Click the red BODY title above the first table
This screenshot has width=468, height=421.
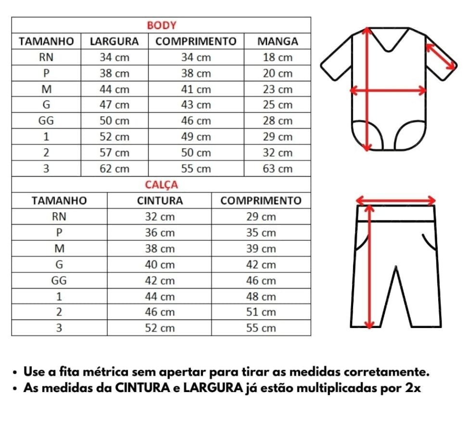tap(162, 25)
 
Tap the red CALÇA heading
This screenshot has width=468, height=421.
tap(162, 184)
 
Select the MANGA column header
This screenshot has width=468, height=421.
tap(278, 41)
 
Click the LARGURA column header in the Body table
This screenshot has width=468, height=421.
tap(114, 41)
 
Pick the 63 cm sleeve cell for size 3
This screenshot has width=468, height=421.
tap(278, 169)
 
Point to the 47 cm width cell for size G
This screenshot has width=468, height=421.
tap(114, 105)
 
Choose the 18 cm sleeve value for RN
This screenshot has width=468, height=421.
tap(278, 57)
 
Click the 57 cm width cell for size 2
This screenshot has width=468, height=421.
tap(114, 153)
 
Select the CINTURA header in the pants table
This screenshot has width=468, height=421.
tap(160, 200)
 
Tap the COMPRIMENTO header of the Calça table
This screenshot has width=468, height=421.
tap(261, 200)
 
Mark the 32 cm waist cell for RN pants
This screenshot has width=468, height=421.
tap(160, 217)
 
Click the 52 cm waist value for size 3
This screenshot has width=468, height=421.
tap(160, 328)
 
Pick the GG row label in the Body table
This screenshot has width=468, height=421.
tap(46, 121)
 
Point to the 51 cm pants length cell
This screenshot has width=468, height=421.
tap(261, 312)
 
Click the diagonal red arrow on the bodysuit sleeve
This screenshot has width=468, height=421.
tap(440, 56)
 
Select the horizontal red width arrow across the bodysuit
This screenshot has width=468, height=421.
tap(388, 90)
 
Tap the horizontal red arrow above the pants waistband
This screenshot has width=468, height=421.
tap(395, 200)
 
